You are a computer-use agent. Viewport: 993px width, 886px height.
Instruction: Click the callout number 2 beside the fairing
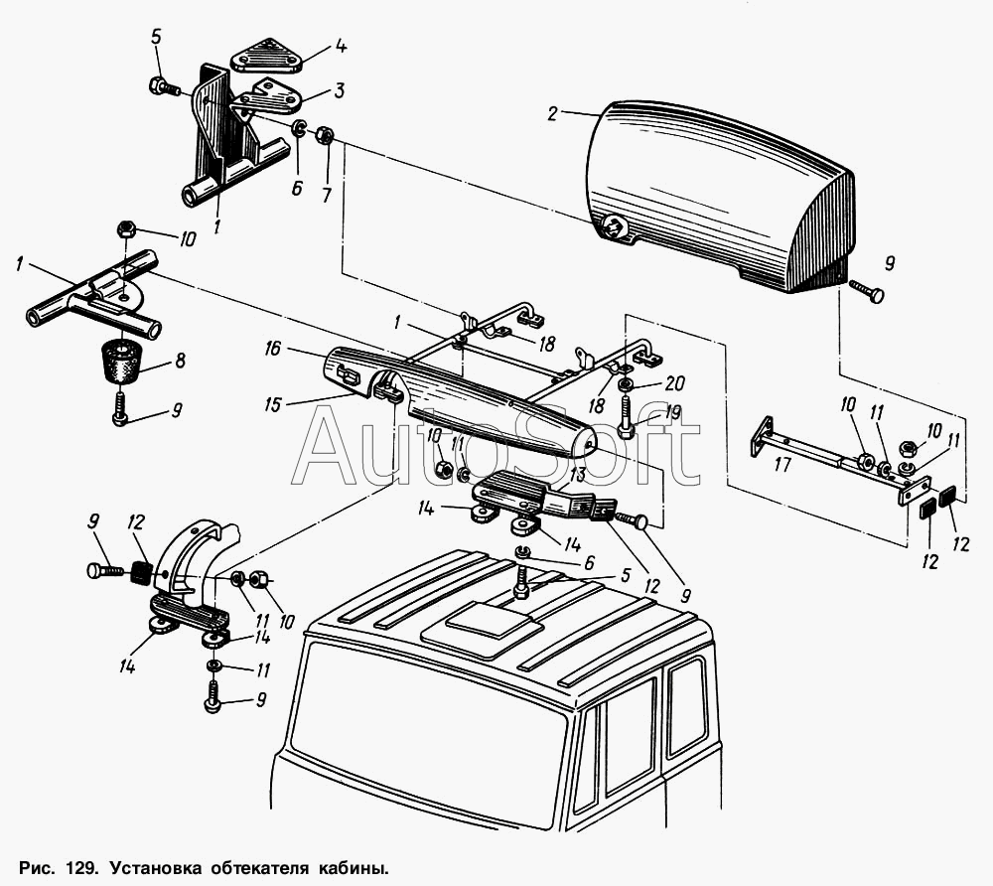(x=553, y=114)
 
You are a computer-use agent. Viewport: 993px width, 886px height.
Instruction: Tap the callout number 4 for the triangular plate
(x=341, y=47)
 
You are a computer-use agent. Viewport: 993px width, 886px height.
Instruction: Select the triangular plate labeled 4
(x=266, y=55)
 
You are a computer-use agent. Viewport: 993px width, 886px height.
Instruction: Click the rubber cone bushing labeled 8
(x=121, y=361)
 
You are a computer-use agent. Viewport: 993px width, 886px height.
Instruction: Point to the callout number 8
(x=180, y=361)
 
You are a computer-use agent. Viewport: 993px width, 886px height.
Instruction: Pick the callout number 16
(x=272, y=349)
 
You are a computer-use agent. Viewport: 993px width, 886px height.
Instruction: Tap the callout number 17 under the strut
(x=782, y=465)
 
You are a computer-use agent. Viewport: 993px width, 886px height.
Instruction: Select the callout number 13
(x=577, y=475)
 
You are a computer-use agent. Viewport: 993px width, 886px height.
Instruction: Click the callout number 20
(x=675, y=383)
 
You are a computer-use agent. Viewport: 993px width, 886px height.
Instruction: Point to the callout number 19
(x=672, y=413)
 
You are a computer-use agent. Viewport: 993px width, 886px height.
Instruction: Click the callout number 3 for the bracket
(x=339, y=90)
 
